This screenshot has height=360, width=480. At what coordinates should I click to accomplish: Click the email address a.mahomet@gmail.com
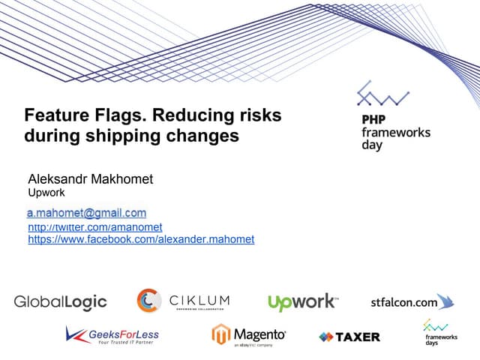(87, 213)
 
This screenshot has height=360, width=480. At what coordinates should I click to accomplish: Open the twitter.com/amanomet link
(95, 226)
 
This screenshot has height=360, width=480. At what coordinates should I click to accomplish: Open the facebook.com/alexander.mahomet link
(141, 240)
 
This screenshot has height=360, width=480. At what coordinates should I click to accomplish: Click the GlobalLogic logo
(61, 302)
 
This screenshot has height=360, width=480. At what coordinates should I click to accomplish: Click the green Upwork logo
(302, 302)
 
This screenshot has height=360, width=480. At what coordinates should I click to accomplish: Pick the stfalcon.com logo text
(403, 303)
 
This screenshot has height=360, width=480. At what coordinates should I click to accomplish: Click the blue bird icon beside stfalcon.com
(446, 301)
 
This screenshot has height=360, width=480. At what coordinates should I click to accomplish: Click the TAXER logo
(349, 337)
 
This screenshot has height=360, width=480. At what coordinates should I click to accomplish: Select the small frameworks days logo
(436, 331)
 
